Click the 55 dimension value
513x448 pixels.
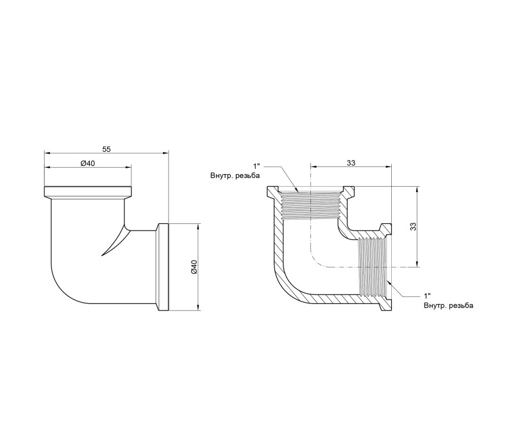pos(106,149)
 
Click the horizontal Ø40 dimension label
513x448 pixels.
pos(87,163)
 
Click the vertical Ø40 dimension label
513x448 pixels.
pos(194,267)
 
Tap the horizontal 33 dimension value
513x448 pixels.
pos(351,163)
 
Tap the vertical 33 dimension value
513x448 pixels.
pos(413,227)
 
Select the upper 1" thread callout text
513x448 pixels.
pos(256,166)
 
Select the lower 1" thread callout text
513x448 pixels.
pos(427,296)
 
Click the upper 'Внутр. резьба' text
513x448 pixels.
pos(235,175)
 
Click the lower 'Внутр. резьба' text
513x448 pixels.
pos(448,306)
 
